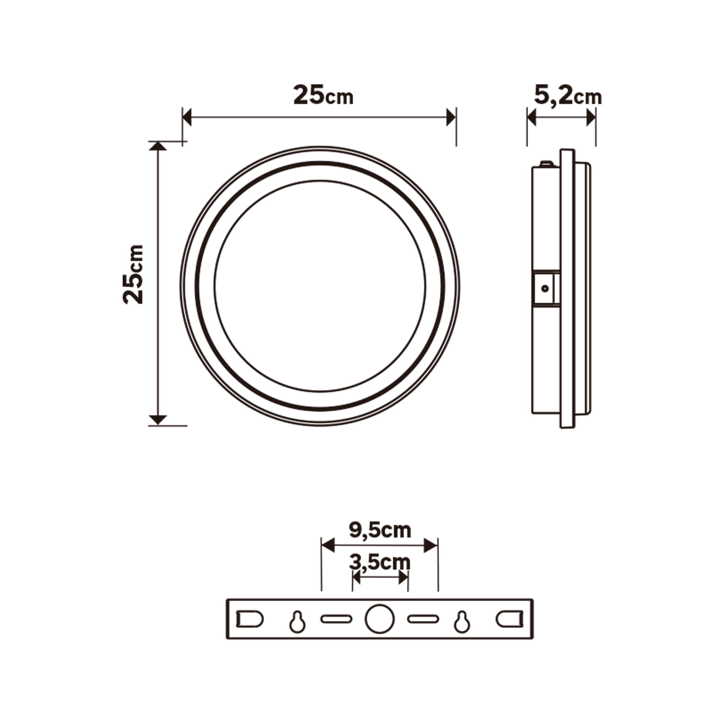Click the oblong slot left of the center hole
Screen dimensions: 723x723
(336, 619)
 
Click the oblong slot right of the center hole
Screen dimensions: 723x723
(423, 619)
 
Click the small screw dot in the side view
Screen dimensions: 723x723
(545, 288)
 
